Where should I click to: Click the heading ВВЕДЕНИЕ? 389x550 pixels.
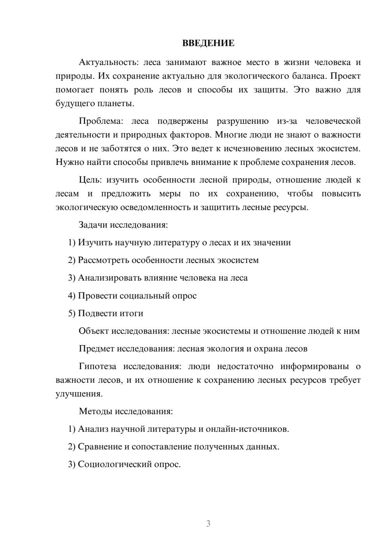208,43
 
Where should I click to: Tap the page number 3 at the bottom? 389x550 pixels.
208,524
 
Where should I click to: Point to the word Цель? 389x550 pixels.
90,180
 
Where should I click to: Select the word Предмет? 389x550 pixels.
96,349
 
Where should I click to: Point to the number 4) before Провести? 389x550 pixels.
72,296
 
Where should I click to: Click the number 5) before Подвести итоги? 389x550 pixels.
72,313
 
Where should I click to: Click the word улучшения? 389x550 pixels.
79,394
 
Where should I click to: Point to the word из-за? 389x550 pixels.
287,121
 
